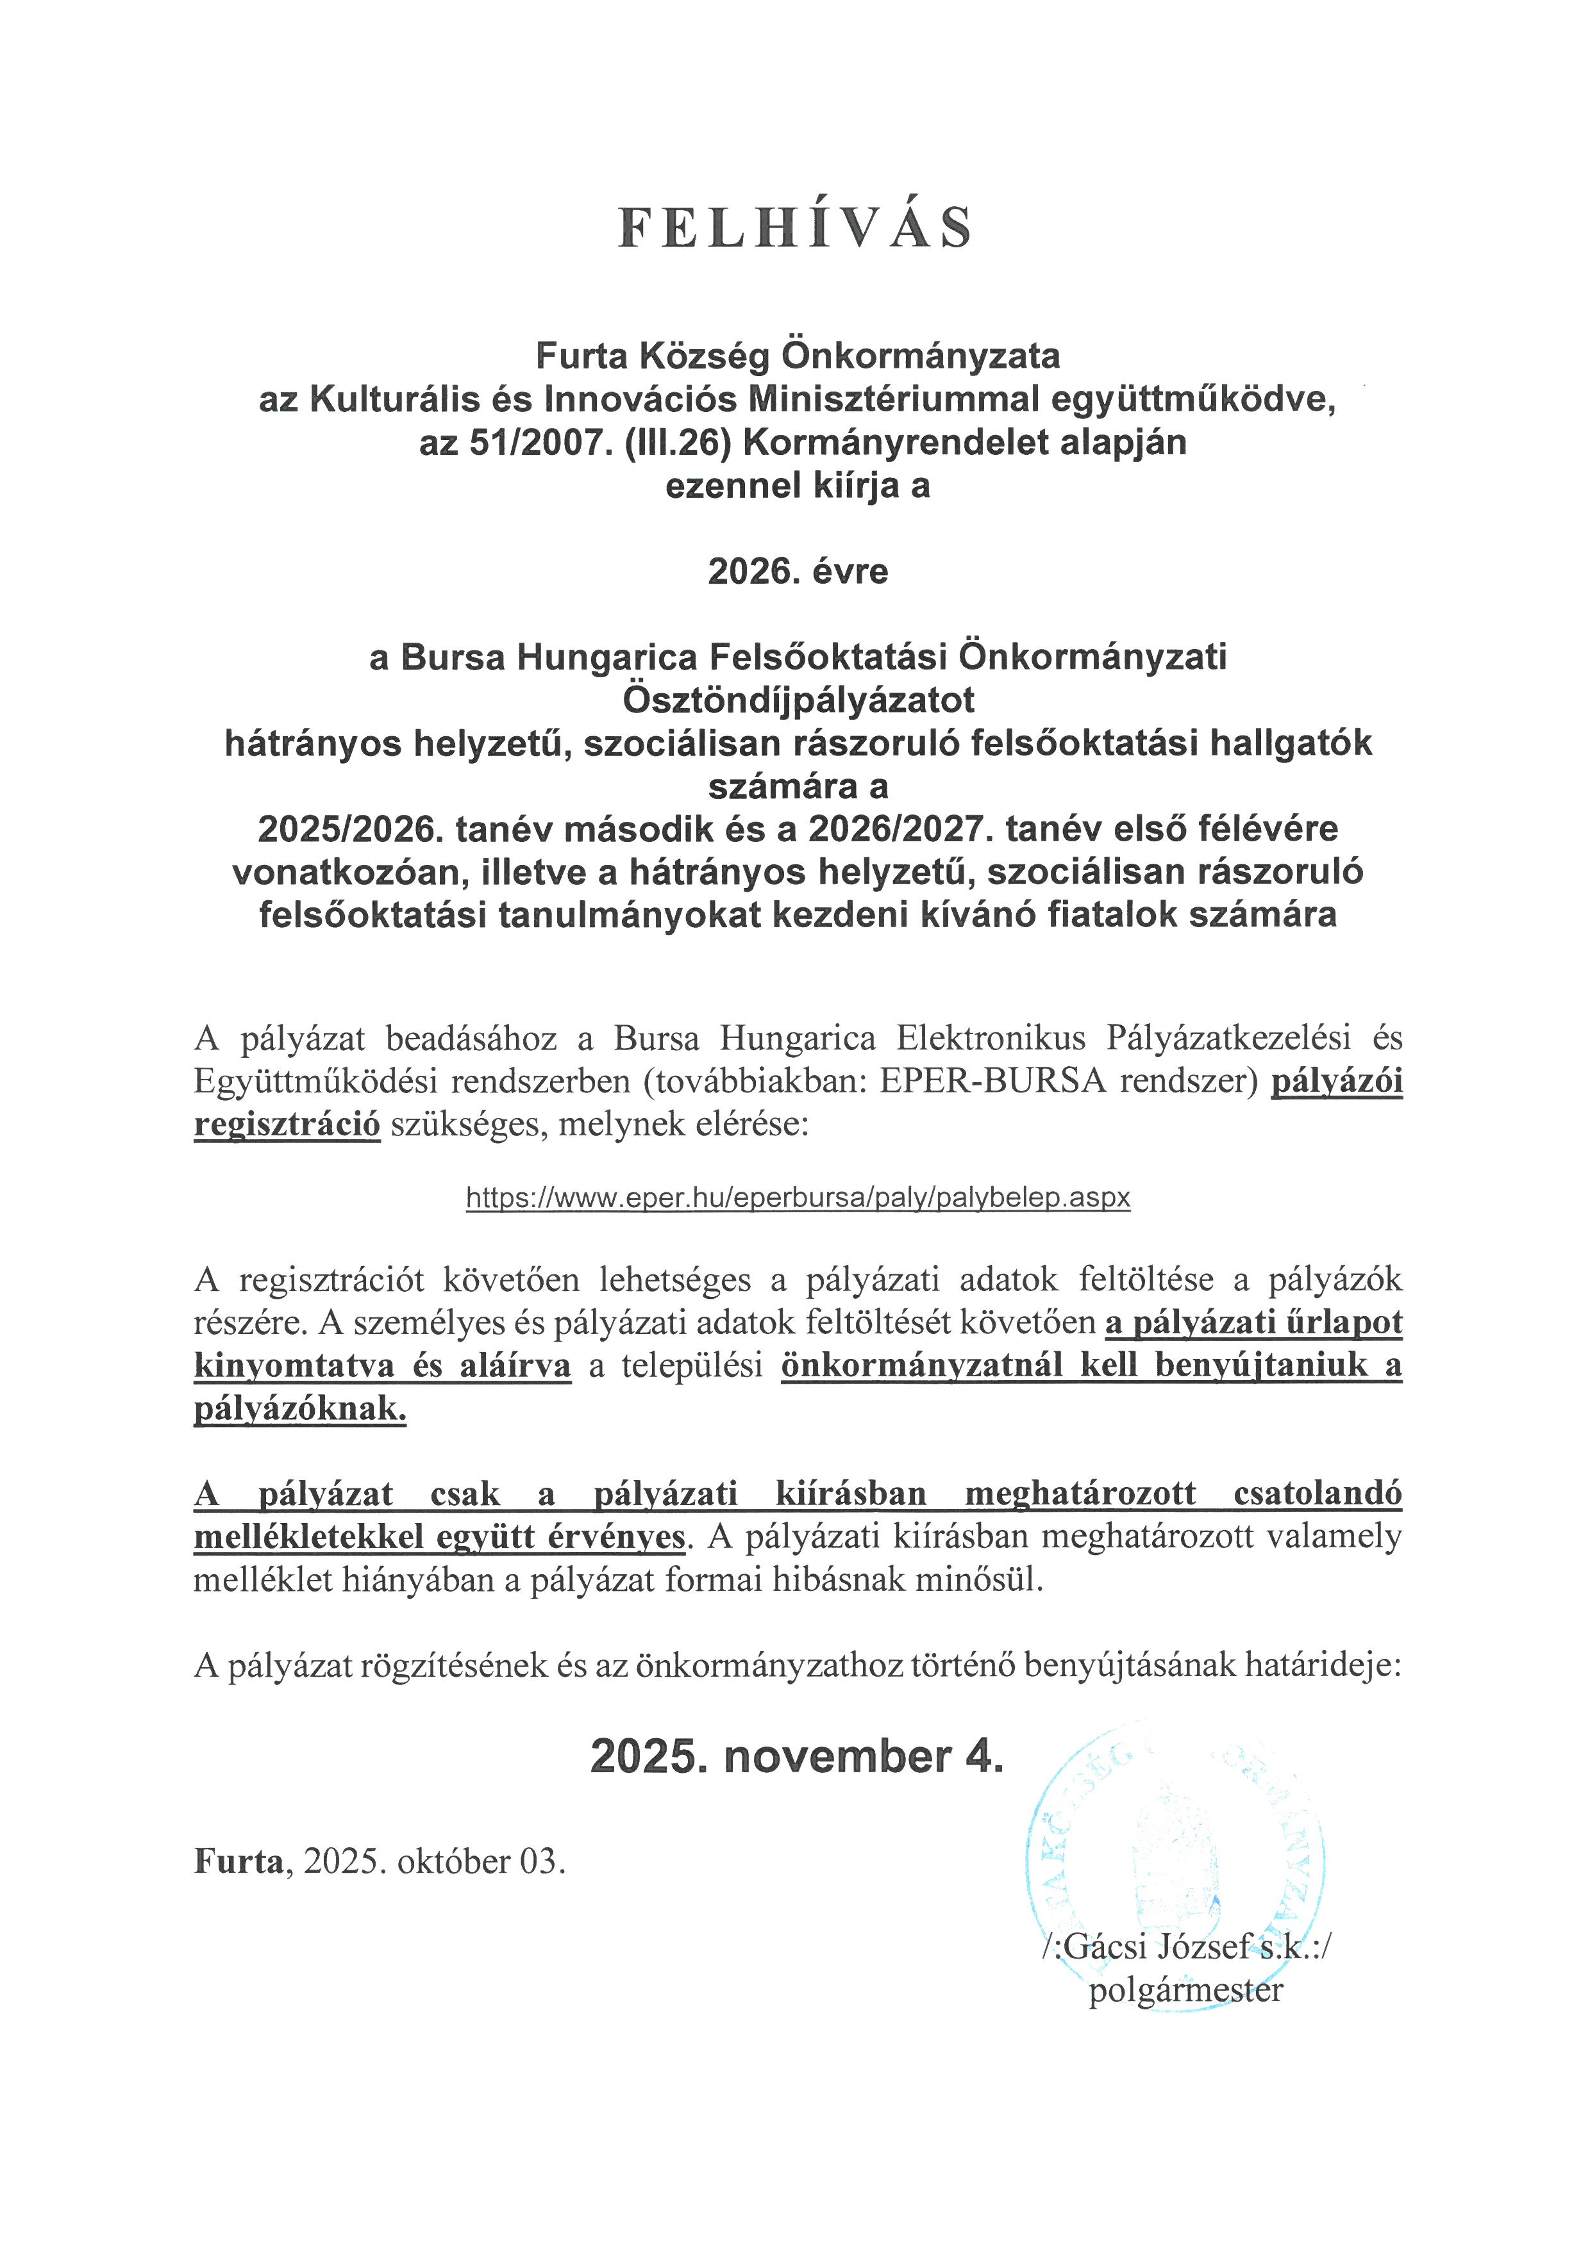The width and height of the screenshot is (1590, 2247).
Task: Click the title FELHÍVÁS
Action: (795, 227)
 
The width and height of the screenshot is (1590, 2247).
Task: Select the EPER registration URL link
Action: (798, 1197)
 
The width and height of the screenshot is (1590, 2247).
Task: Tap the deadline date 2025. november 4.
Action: (797, 1757)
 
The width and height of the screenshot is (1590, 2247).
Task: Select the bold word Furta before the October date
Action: (238, 1861)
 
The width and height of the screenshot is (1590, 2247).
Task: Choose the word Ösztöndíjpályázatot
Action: (798, 700)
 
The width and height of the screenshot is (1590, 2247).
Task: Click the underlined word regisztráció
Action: (287, 1124)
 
